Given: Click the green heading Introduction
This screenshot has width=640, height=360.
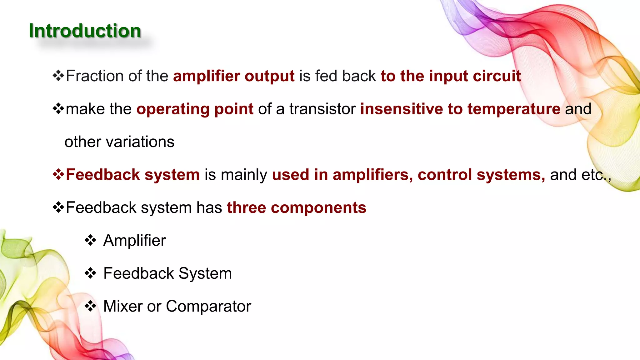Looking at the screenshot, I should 85,31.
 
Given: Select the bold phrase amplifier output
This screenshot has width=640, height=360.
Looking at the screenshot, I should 234,76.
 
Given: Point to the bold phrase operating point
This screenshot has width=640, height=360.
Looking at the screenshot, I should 195,109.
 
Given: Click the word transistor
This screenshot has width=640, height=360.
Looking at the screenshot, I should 322,109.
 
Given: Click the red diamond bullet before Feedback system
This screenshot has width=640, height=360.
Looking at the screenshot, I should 58,174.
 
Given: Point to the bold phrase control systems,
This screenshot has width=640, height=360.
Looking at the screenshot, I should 481,175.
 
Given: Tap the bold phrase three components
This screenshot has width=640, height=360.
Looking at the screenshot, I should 296,207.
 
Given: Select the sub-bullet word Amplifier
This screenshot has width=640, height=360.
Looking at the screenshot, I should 134,241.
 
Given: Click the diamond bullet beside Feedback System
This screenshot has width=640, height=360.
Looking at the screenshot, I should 90,273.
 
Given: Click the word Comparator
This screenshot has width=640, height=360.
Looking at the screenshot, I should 208,306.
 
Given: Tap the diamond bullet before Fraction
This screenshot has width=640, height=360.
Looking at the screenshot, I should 58,76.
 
